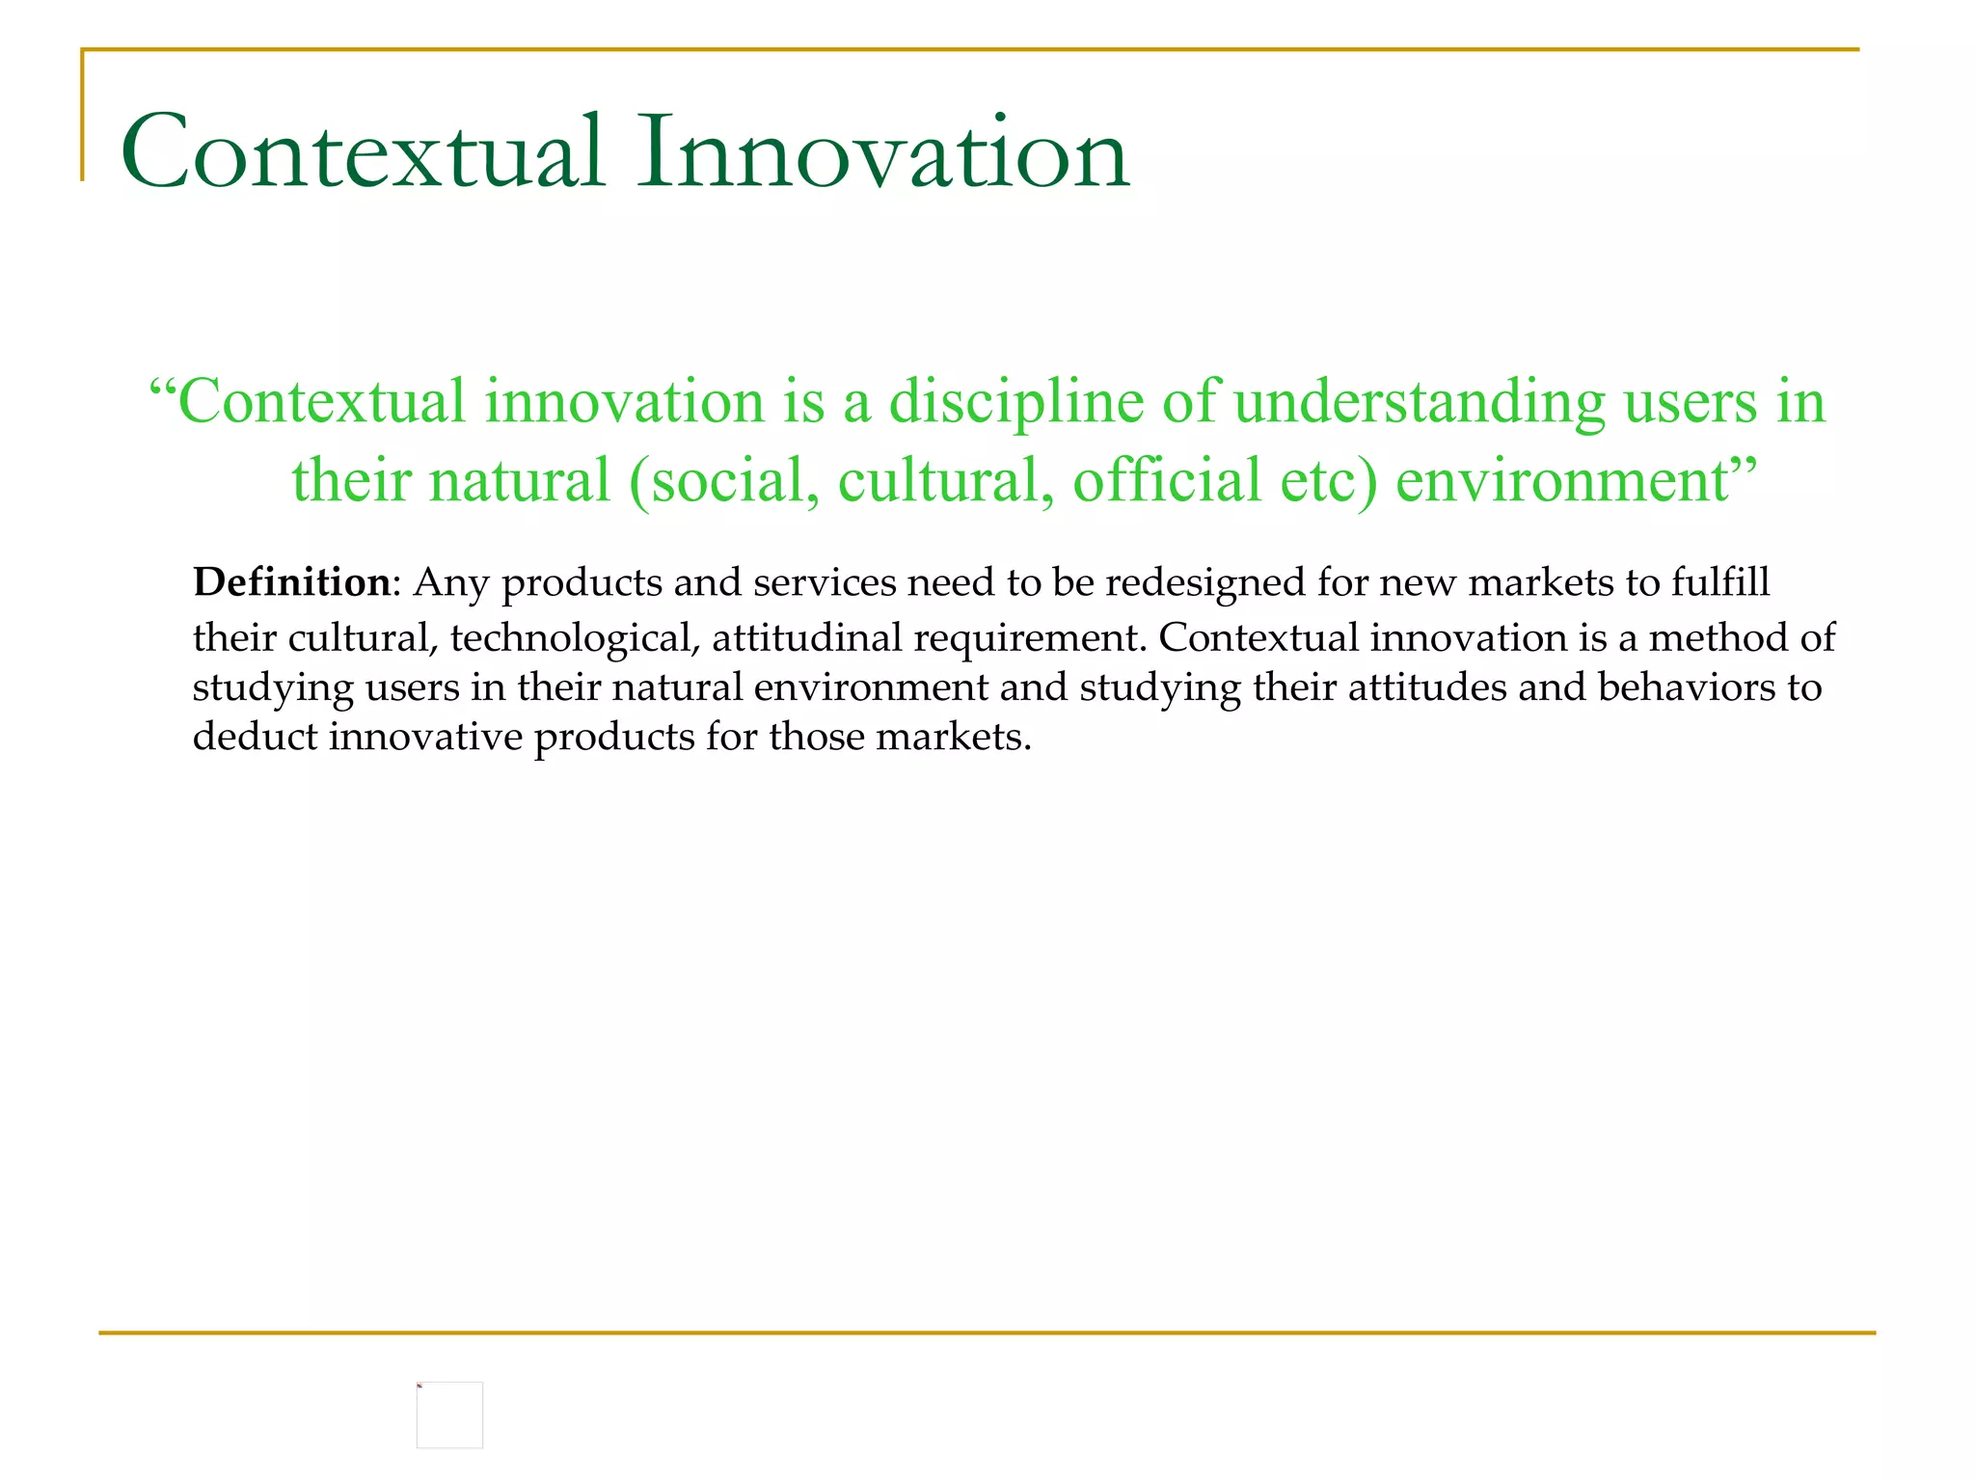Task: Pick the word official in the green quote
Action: (1167, 481)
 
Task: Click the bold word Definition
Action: (291, 583)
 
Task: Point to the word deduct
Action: (255, 738)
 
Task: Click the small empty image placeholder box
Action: (449, 1414)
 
